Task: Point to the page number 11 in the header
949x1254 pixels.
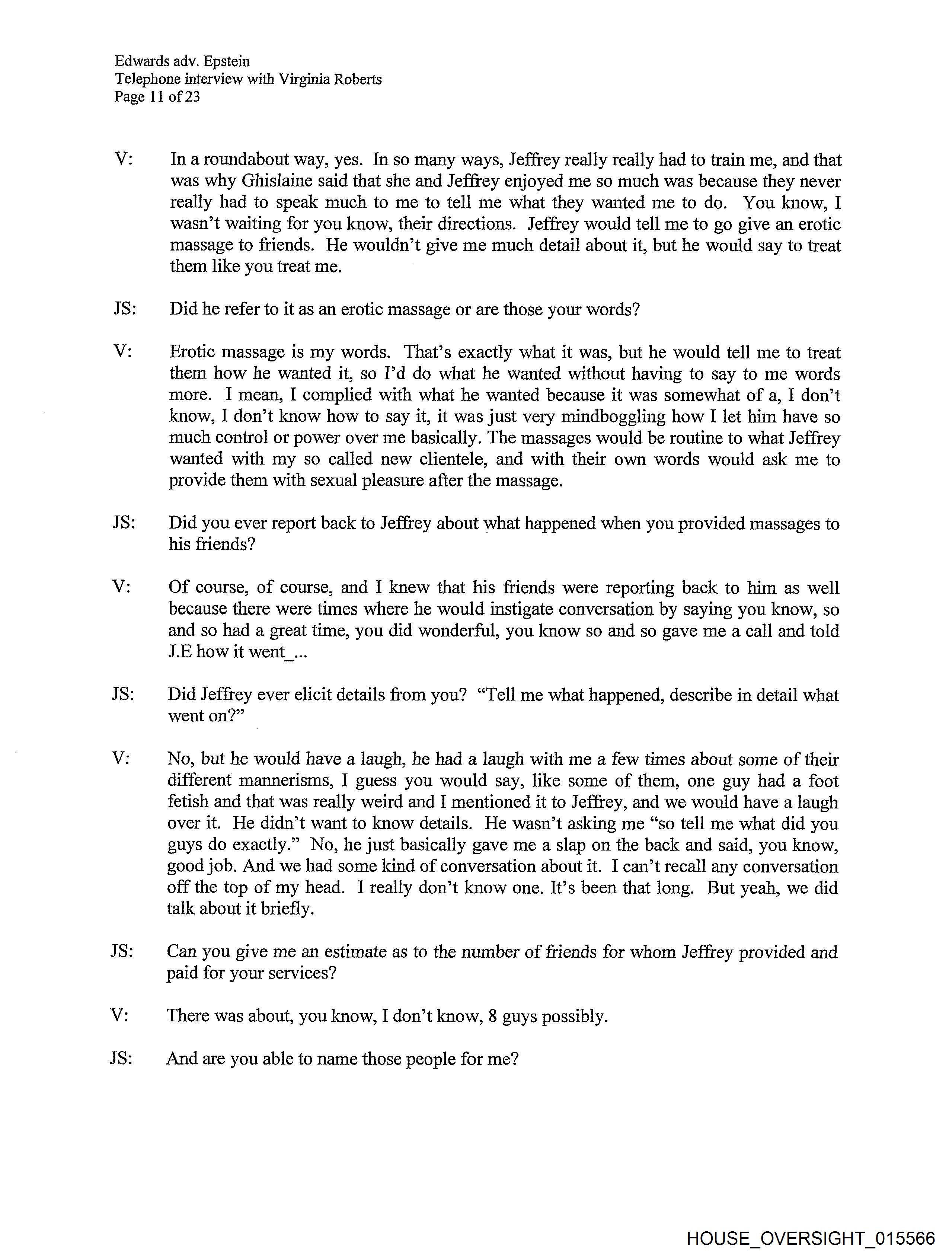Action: [x=157, y=96]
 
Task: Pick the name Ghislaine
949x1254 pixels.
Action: [x=275, y=181]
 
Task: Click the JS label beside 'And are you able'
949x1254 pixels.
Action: [x=121, y=1059]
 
